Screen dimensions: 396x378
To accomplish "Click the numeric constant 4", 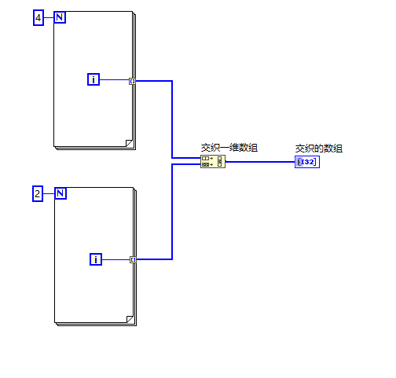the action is pos(38,18).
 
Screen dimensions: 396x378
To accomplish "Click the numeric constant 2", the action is pos(38,194).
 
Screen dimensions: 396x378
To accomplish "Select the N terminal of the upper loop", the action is pos(60,17).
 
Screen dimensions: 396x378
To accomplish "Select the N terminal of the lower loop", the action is pos(60,193).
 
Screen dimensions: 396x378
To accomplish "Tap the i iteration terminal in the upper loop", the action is pos(93,79).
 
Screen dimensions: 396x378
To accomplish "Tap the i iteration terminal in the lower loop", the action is pos(96,259).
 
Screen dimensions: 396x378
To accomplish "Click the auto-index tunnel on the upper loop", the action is pos(133,81).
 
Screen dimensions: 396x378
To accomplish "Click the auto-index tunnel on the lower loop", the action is pos(134,259).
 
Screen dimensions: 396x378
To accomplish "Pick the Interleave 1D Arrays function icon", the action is pos(213,161).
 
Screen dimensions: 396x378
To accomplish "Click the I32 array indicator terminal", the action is pos(307,162).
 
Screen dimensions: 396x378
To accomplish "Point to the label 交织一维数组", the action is pos(229,148).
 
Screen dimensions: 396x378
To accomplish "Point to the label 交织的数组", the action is pos(319,149).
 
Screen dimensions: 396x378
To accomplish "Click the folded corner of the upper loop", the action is pos(129,143).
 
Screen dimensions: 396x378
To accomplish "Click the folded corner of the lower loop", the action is pos(130,319).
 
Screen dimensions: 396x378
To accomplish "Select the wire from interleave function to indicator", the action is pos(260,162).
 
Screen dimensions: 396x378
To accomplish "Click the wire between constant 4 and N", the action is pos(49,17).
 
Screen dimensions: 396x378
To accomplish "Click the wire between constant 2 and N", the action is pos(49,193).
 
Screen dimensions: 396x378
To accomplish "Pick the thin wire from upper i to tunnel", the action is pos(115,79).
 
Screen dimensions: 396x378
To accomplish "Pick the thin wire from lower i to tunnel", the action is pos(116,259).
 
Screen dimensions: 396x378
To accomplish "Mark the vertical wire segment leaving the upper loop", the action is pos(172,119).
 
